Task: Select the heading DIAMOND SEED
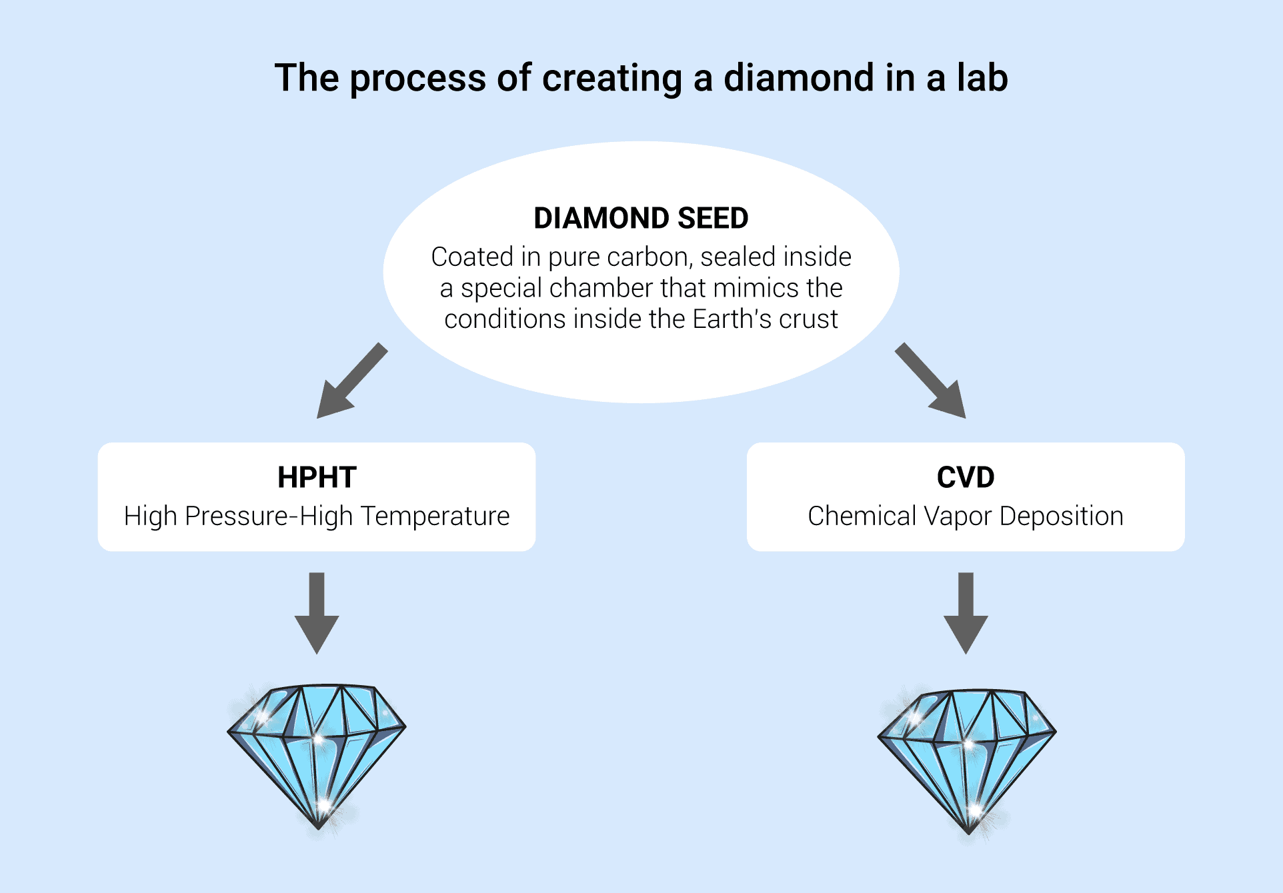pyautogui.click(x=641, y=218)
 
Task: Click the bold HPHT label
pyautogui.click(x=317, y=477)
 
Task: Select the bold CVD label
pyautogui.click(x=965, y=477)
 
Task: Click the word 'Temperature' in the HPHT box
pyautogui.click(x=435, y=516)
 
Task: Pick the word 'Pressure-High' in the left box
pyautogui.click(x=269, y=516)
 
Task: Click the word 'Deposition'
pyautogui.click(x=1061, y=516)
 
